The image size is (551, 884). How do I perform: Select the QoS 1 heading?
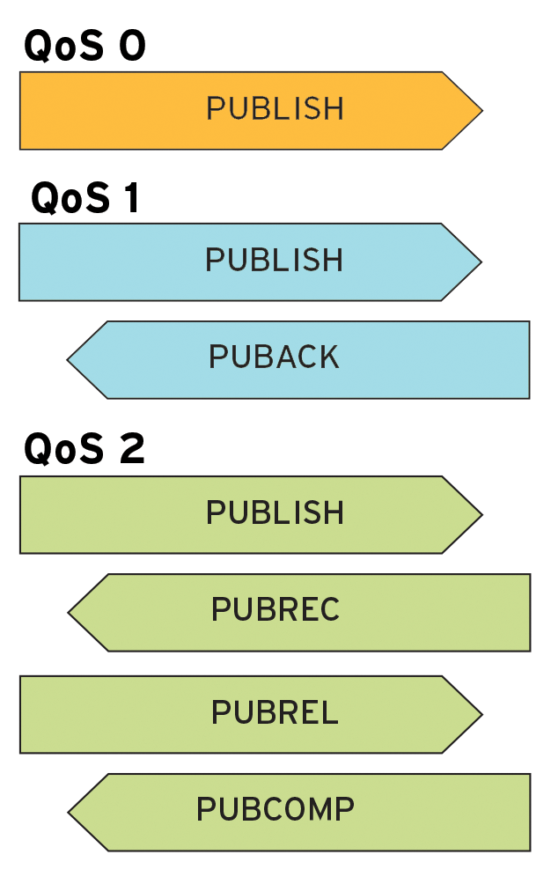click(x=85, y=198)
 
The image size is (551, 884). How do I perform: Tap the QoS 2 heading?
click(x=84, y=450)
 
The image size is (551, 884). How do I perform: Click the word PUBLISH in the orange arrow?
click(x=275, y=109)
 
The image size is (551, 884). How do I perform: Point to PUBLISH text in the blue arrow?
click(x=274, y=261)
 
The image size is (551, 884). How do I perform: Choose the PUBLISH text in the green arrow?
click(x=275, y=513)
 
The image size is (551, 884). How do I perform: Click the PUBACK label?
click(x=274, y=357)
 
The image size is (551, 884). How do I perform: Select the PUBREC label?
click(x=275, y=610)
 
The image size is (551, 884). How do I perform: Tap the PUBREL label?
click(x=275, y=712)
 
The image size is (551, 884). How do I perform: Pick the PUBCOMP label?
click(x=275, y=809)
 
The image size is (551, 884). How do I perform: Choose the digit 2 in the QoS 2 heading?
click(x=131, y=450)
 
